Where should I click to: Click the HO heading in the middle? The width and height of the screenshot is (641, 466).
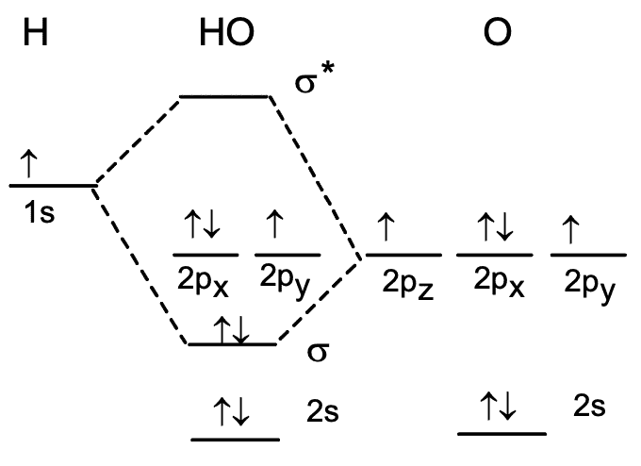pyautogui.click(x=226, y=34)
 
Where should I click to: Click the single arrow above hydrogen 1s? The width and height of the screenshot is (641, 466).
pyautogui.click(x=27, y=165)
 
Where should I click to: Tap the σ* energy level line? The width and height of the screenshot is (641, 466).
pyautogui.click(x=224, y=96)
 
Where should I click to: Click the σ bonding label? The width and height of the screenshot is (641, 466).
pyautogui.click(x=317, y=351)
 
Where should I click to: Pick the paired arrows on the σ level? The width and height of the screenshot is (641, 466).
pyautogui.click(x=232, y=330)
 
